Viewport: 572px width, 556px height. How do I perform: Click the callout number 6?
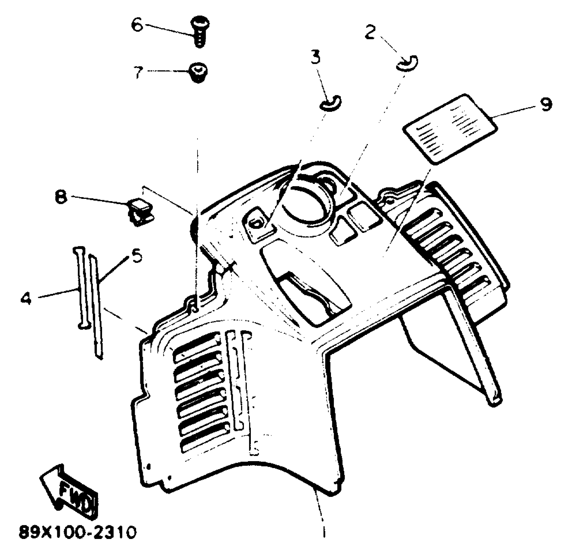(138, 25)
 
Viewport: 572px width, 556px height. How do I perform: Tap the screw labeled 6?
(200, 33)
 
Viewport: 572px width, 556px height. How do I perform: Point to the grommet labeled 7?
(199, 72)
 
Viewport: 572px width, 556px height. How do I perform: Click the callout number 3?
(315, 57)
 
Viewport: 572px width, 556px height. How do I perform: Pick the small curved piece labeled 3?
(330, 104)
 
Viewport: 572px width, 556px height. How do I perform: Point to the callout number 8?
(61, 198)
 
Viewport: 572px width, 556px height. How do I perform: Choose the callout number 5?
(137, 255)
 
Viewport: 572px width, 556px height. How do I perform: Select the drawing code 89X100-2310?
(78, 532)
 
